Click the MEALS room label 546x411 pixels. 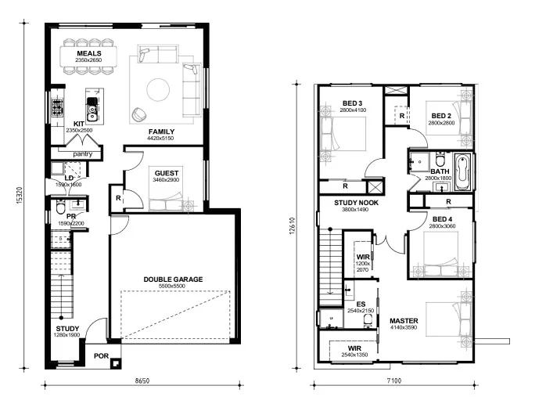(x=89, y=53)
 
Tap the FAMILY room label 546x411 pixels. (x=162, y=132)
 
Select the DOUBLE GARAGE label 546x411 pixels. (x=173, y=279)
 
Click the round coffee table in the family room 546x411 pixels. (x=158, y=90)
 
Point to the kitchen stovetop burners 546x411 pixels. (x=57, y=108)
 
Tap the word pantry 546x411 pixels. (x=83, y=154)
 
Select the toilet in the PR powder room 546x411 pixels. (x=60, y=207)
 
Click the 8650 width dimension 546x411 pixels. (x=142, y=381)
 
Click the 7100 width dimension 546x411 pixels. (x=394, y=381)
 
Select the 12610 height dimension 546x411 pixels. (x=292, y=226)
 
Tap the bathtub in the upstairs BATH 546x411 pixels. (x=462, y=172)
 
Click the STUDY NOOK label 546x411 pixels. (x=356, y=203)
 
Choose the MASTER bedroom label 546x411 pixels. (x=404, y=321)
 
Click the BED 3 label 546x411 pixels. (x=352, y=103)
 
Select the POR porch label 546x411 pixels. (x=102, y=356)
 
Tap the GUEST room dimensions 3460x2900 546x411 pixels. (x=166, y=180)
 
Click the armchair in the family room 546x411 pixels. (x=140, y=115)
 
